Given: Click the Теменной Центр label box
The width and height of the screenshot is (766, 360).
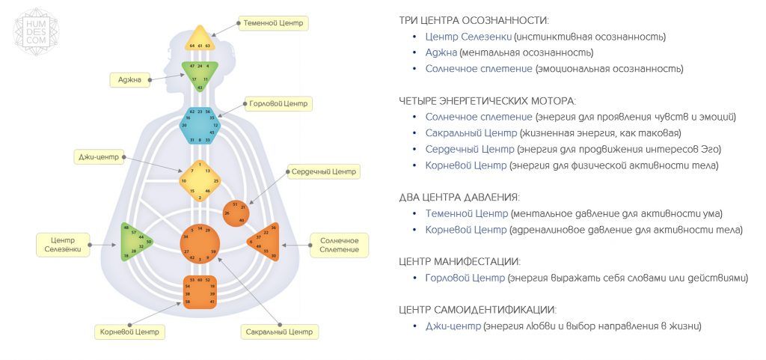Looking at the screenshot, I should [273, 23].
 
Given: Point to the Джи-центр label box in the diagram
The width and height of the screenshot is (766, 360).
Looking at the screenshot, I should [99, 156].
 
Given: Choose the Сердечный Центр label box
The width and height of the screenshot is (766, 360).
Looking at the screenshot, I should [324, 171].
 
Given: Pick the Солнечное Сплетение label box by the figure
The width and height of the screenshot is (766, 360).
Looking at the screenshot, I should [339, 245].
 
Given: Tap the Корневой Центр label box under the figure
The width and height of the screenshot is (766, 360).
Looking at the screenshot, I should [130, 331].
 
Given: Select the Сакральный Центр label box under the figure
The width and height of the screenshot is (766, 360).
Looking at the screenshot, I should [279, 331].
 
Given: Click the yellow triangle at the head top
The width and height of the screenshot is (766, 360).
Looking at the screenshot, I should [200, 40].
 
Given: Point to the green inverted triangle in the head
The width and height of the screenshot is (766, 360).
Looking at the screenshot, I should [200, 73].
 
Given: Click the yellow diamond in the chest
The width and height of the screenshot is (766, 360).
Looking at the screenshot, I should [200, 180].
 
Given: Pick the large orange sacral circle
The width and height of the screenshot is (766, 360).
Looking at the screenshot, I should [200, 242].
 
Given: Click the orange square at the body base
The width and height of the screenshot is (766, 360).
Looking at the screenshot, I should [200, 291].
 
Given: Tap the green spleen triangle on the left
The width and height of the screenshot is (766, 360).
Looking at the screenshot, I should [135, 242].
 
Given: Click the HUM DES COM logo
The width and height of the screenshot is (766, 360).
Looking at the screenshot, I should [31, 32].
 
